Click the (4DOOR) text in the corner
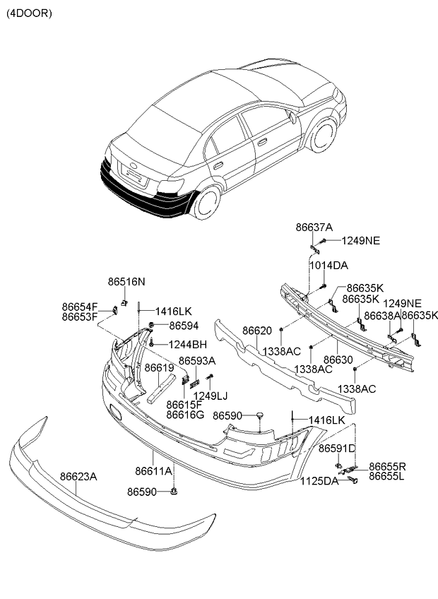tap(29, 13)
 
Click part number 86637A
tap(314, 227)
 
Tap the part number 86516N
tap(126, 282)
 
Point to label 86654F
tap(80, 307)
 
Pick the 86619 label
tap(159, 367)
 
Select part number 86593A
tap(197, 361)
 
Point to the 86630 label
tap(338, 360)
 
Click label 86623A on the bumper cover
tap(78, 477)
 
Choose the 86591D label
tap(337, 449)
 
